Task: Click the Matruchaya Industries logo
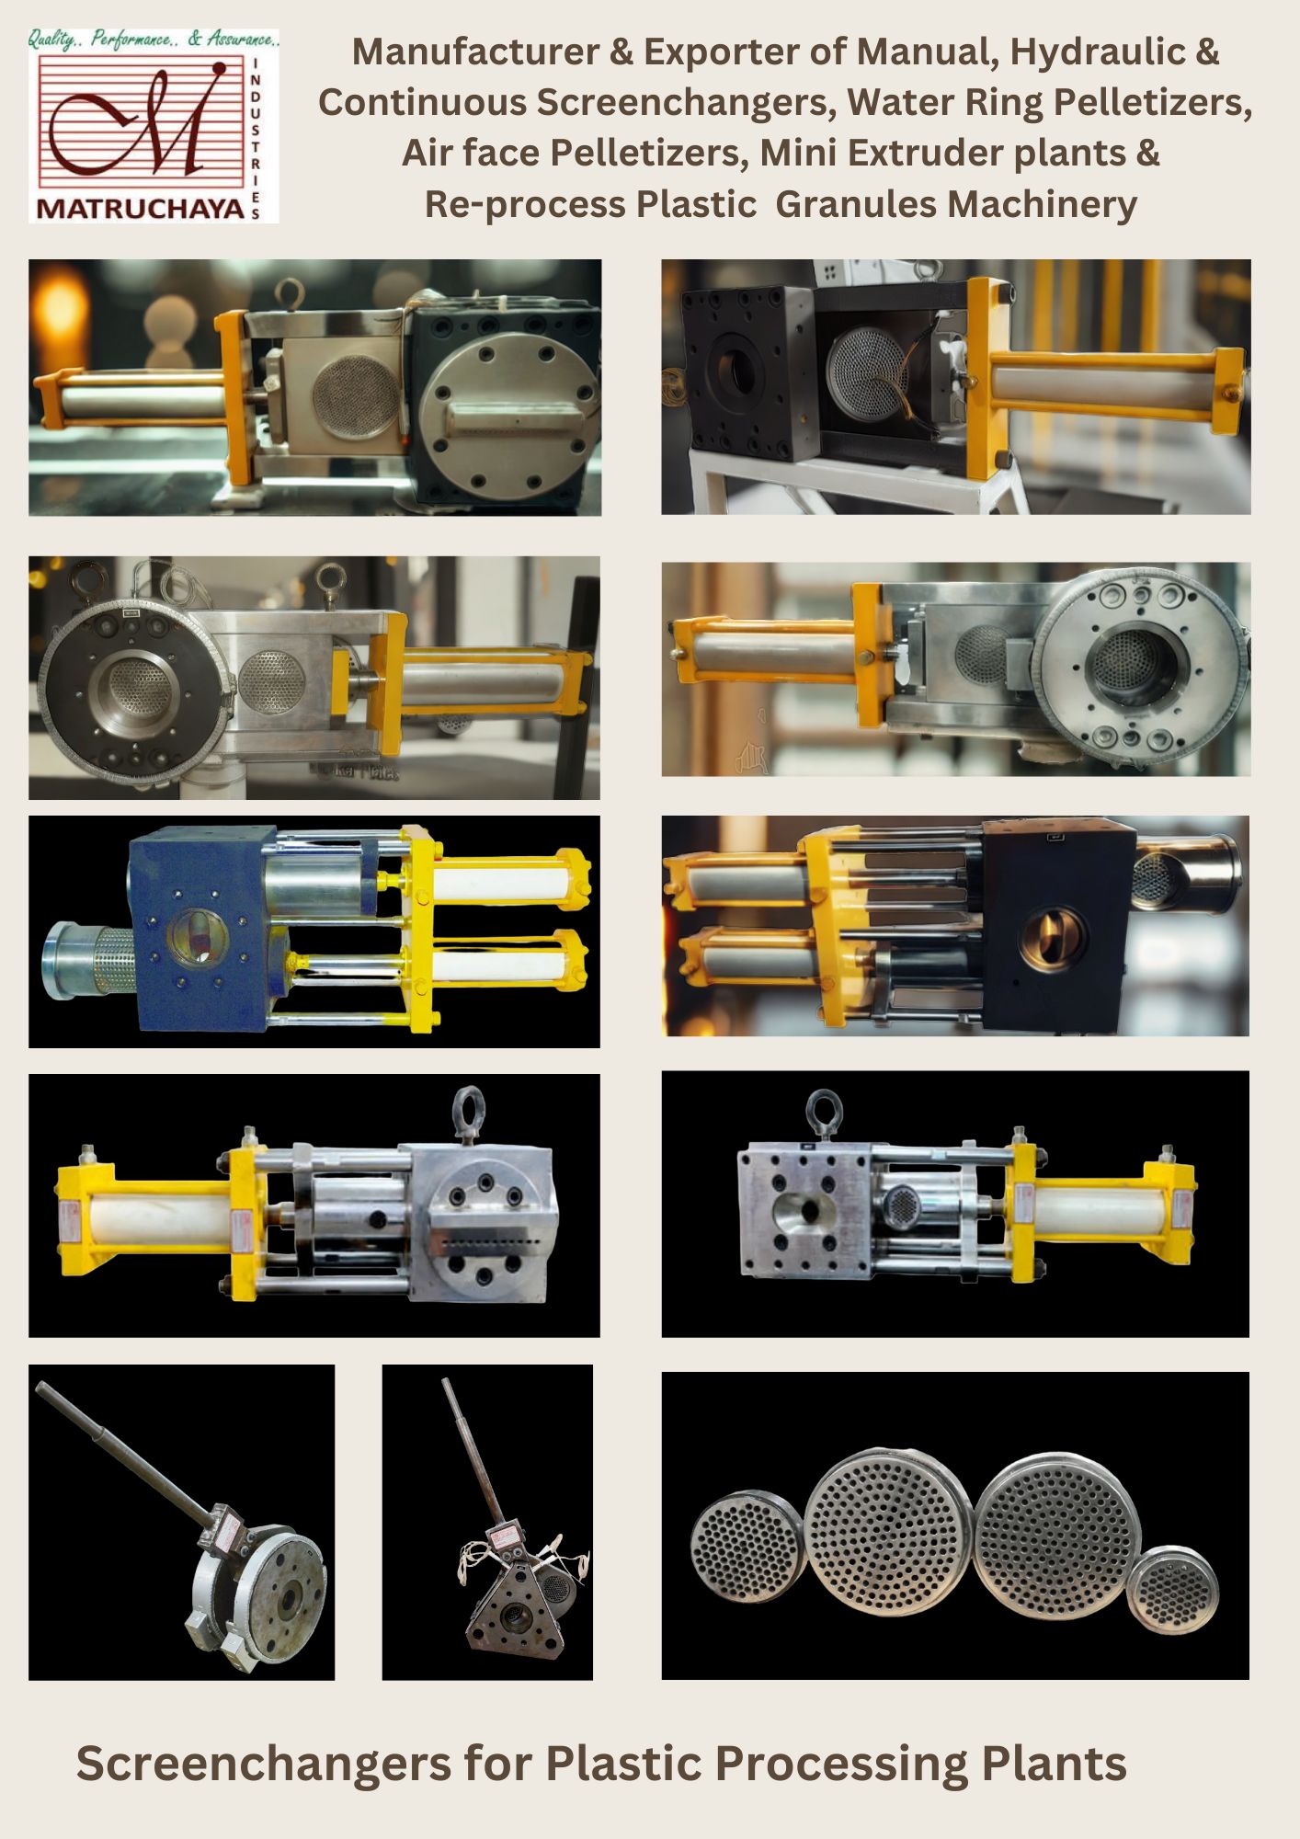(154, 126)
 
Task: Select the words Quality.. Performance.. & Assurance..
(153, 39)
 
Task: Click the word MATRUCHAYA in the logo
(140, 209)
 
